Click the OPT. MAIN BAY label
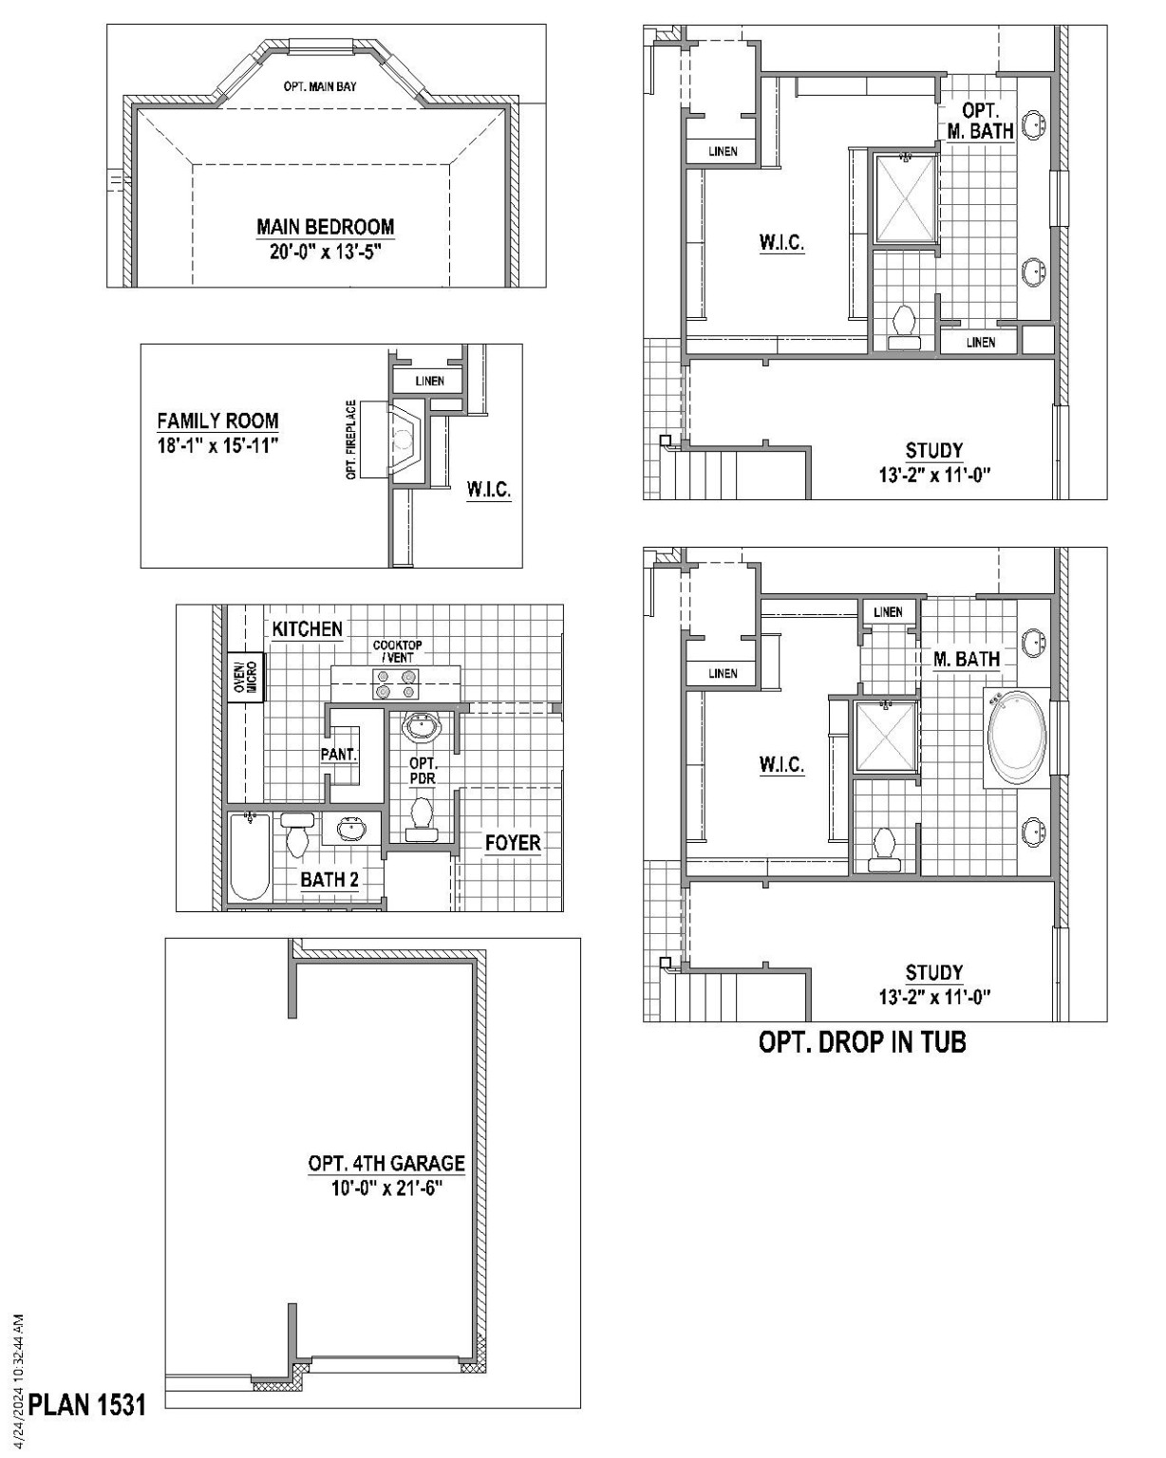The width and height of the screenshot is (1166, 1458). pyautogui.click(x=320, y=86)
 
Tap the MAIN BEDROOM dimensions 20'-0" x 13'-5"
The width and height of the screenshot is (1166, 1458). pyautogui.click(x=325, y=252)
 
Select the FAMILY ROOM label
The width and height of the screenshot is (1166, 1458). pyautogui.click(x=217, y=421)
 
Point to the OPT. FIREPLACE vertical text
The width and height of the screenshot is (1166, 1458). pyautogui.click(x=351, y=439)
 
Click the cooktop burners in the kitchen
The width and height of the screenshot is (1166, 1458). pyautogui.click(x=396, y=683)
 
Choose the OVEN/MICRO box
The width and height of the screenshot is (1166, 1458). pyautogui.click(x=245, y=677)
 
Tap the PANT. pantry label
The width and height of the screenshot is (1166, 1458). pyautogui.click(x=339, y=755)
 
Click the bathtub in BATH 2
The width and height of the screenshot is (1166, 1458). pyautogui.click(x=251, y=855)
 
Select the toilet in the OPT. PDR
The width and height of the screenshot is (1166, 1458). pyautogui.click(x=422, y=817)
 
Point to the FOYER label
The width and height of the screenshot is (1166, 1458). pyautogui.click(x=513, y=843)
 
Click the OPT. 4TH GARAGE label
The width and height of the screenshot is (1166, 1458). pyautogui.click(x=386, y=1164)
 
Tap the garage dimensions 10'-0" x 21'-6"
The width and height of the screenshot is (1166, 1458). pyautogui.click(x=386, y=1188)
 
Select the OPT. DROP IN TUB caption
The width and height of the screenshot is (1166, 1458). pyautogui.click(x=862, y=1042)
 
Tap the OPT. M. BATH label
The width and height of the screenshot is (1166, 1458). pyautogui.click(x=980, y=122)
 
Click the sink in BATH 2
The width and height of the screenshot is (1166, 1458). pyautogui.click(x=350, y=829)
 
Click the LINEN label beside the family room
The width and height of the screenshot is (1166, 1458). pyautogui.click(x=430, y=382)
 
